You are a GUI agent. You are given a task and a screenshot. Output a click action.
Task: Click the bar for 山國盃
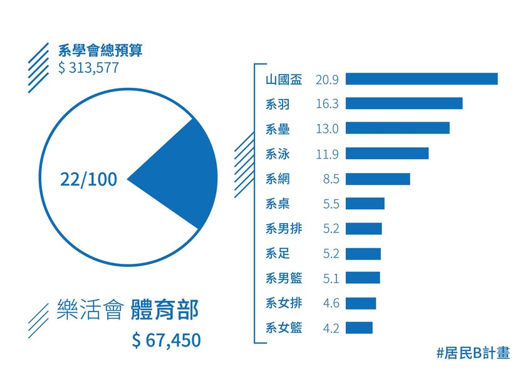(422, 79)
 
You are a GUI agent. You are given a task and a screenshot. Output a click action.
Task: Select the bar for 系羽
(404, 103)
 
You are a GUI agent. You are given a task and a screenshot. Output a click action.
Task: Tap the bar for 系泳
(387, 154)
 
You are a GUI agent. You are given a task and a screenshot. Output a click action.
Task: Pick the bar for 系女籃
(359, 328)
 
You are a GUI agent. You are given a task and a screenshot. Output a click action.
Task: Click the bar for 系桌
(365, 204)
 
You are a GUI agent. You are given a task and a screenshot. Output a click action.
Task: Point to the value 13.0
(327, 128)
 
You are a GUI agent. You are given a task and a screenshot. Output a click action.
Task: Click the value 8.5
(331, 179)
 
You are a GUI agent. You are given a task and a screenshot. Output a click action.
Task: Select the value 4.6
(331, 303)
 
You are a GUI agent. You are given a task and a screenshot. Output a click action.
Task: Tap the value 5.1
(331, 278)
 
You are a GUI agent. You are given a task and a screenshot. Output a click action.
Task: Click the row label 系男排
(284, 229)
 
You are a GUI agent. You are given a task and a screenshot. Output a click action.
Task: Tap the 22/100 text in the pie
(88, 180)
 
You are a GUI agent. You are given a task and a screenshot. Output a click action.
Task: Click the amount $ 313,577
(88, 68)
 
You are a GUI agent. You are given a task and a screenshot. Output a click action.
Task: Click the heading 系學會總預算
(100, 50)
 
